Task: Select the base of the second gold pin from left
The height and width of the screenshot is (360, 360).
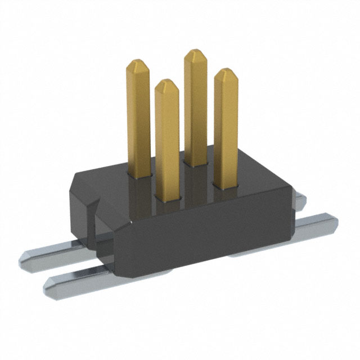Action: pos(168,196)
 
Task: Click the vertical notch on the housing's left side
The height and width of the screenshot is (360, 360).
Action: pos(93,217)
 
